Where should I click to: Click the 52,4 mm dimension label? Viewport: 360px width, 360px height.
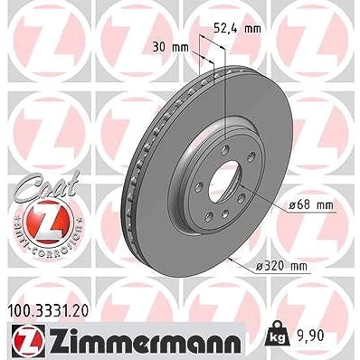tap(237, 29)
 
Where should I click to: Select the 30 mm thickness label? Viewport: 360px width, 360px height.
tap(170, 48)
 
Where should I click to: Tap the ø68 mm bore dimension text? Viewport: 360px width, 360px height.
tap(311, 205)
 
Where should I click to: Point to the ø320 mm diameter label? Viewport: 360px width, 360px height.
tap(281, 266)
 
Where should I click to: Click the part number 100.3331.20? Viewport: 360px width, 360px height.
tap(47, 311)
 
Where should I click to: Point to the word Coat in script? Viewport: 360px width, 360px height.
tap(47, 184)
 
